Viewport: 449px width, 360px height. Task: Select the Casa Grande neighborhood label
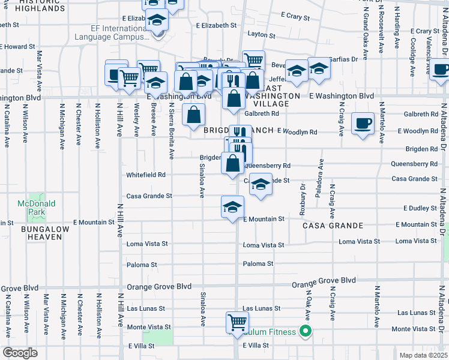click(x=333, y=226)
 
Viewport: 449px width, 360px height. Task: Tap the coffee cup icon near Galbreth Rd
click(x=362, y=123)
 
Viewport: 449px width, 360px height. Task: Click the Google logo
click(x=20, y=353)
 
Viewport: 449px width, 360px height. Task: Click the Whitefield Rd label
click(x=145, y=175)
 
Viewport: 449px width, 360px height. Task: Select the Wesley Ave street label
click(x=137, y=119)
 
